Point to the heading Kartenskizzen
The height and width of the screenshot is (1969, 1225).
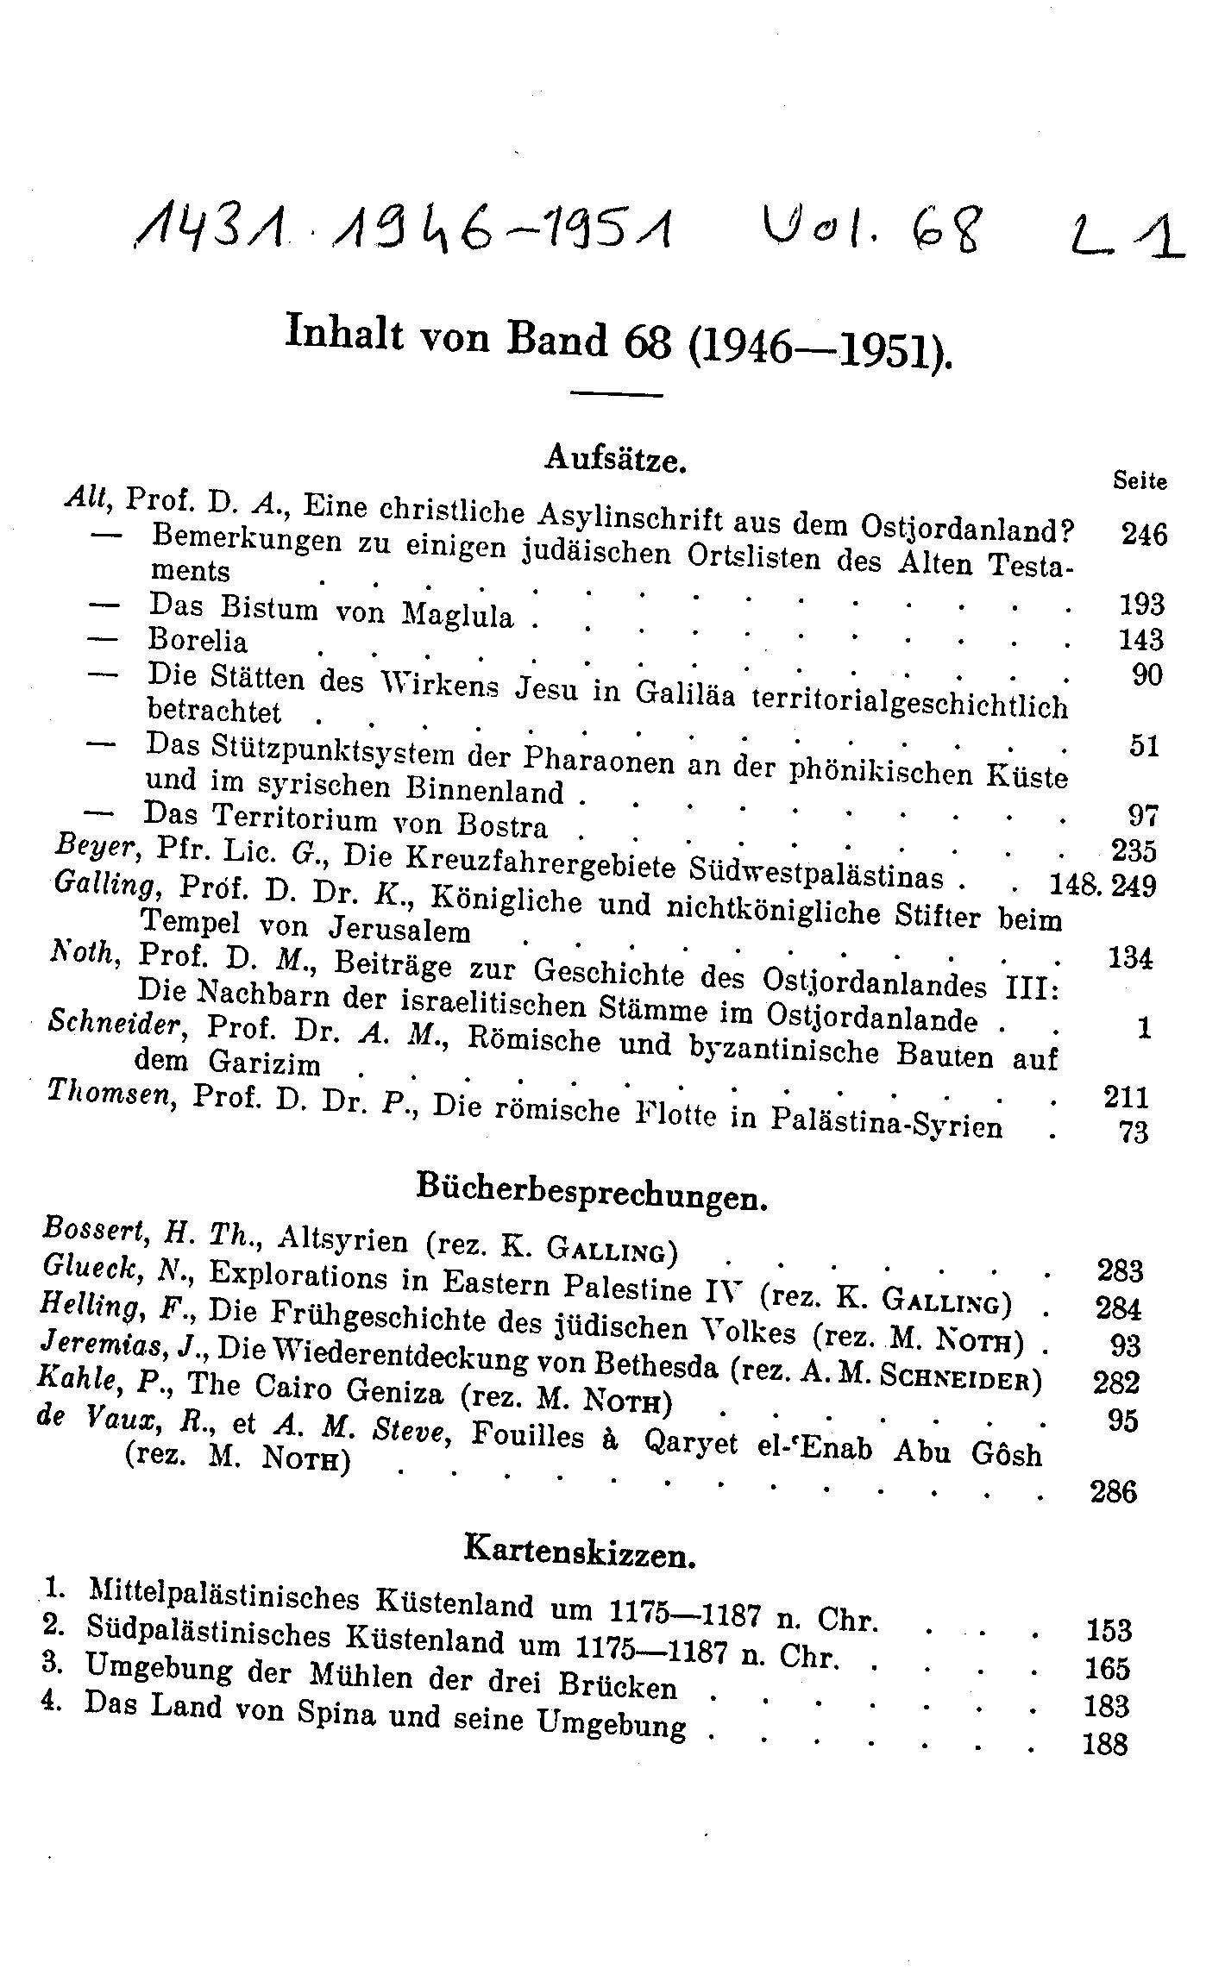coord(579,1552)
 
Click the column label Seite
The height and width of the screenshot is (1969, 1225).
coord(1140,480)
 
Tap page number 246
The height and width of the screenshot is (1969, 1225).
coord(1144,535)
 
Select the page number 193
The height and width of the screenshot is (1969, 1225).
coord(1141,605)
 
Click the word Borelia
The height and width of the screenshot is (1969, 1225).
coord(198,641)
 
